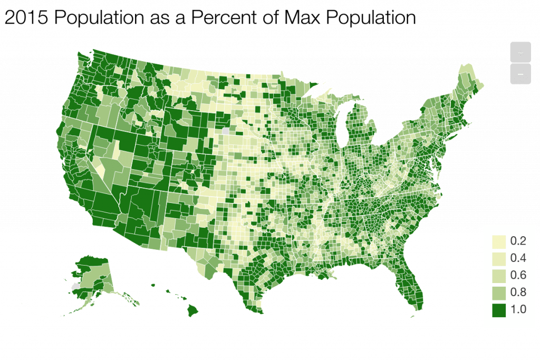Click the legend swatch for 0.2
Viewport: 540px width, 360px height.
pyautogui.click(x=498, y=241)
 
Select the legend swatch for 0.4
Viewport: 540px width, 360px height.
pyautogui.click(x=498, y=258)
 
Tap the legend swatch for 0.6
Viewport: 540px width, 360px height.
pyautogui.click(x=498, y=275)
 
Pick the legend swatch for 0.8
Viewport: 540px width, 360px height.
pyautogui.click(x=498, y=292)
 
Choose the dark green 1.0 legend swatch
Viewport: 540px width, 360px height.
pyautogui.click(x=498, y=309)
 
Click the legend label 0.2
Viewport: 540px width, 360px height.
pyautogui.click(x=518, y=241)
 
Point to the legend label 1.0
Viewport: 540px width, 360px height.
pyautogui.click(x=518, y=309)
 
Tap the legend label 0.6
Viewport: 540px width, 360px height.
pyautogui.click(x=518, y=275)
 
